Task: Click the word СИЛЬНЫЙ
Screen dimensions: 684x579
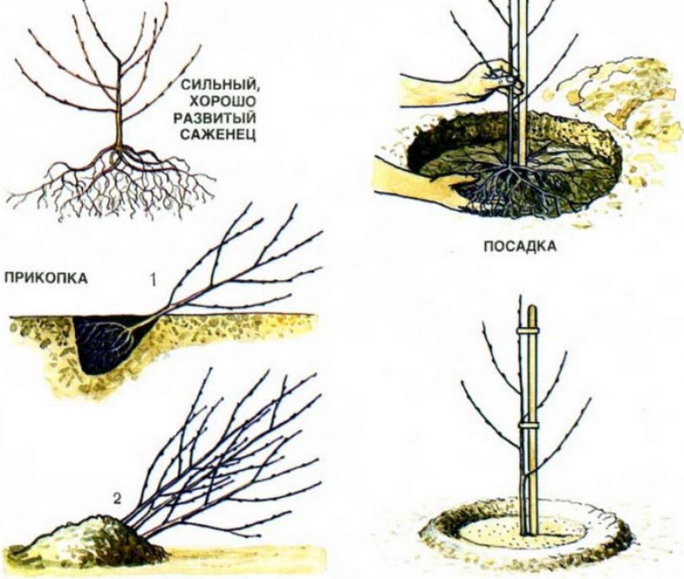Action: click(x=219, y=85)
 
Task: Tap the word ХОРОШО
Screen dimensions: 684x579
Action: click(x=222, y=101)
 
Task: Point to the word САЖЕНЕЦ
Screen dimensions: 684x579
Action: click(x=218, y=135)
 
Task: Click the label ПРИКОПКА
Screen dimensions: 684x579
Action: click(x=46, y=278)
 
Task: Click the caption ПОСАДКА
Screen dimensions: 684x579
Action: click(x=521, y=246)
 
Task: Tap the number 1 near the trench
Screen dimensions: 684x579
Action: click(x=153, y=280)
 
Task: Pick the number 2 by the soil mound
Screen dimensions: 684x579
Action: click(x=117, y=498)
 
